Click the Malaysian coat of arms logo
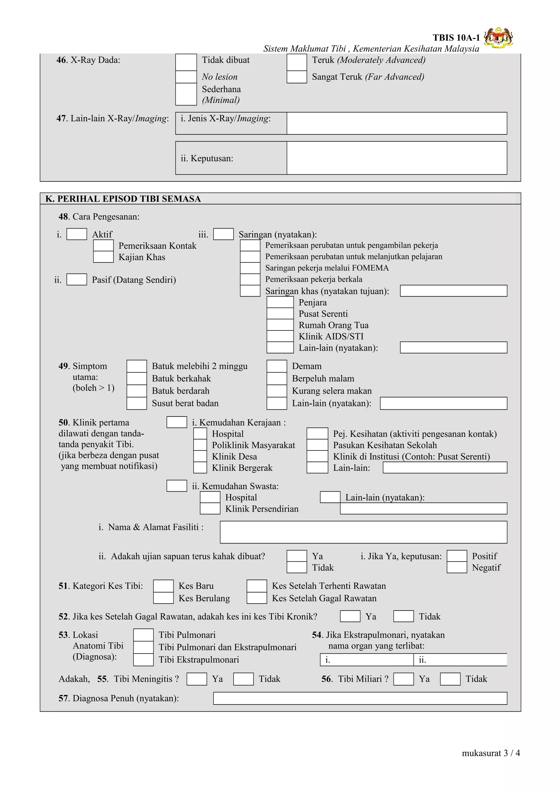click(x=498, y=38)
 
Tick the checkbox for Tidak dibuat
click(x=186, y=62)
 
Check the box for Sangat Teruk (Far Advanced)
click(x=296, y=77)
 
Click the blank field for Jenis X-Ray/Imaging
click(x=396, y=123)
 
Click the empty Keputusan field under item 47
click(x=396, y=158)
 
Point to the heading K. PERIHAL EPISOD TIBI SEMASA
click(x=123, y=199)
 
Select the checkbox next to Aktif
click(x=77, y=234)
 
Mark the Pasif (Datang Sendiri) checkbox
click(x=77, y=279)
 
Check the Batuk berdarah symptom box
click(x=137, y=391)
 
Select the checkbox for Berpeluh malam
click(x=277, y=379)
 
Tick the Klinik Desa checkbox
click(x=200, y=456)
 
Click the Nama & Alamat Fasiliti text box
click(x=363, y=532)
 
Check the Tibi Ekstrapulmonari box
click(x=143, y=659)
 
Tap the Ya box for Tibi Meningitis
click(x=197, y=679)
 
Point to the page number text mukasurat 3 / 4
click(x=491, y=753)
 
